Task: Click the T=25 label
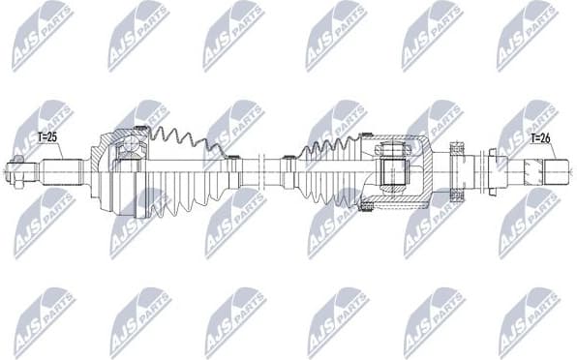[x=46, y=137]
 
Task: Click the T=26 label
[x=539, y=138]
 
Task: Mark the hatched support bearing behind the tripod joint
[x=458, y=172]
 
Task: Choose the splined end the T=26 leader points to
[x=548, y=174]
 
